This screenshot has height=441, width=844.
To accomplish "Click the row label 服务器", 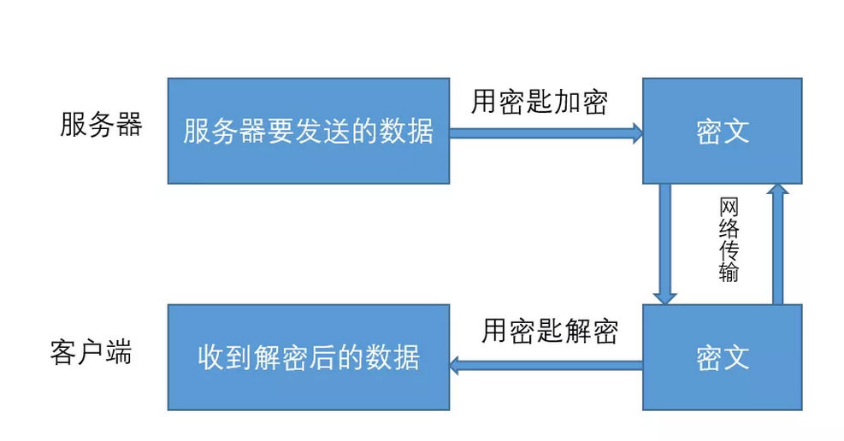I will point(100,126).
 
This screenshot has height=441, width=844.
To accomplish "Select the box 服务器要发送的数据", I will point(308,131).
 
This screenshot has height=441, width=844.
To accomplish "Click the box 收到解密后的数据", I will point(308,356).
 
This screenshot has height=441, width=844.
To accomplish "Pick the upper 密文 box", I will point(723,131).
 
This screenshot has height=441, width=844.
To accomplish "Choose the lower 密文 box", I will point(723,356).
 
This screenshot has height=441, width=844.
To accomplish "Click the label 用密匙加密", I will point(539,103).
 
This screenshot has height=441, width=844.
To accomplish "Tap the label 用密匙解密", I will point(549,330).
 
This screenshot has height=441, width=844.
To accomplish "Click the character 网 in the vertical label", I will point(729,208).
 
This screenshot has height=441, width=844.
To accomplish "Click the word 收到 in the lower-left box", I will point(225,356).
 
